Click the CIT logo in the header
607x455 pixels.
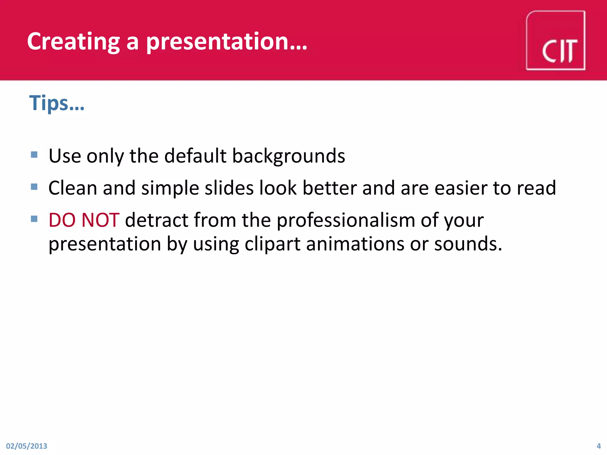(555, 41)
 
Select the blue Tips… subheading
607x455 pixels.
(57, 103)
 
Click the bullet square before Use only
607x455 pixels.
(34, 155)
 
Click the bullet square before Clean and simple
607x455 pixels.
(34, 187)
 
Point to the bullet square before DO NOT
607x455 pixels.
(34, 219)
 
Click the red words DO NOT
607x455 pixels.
(84, 220)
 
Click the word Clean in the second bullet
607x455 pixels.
(73, 188)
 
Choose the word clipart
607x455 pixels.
(272, 244)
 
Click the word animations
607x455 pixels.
(355, 244)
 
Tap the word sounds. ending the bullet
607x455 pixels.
(468, 244)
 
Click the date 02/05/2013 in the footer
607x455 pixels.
(27, 446)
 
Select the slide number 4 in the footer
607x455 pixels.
(598, 446)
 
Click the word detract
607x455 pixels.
(157, 220)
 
